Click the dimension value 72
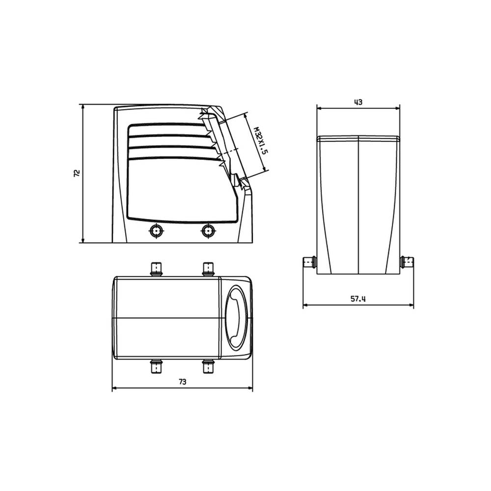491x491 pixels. (77, 173)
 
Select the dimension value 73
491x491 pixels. (182, 382)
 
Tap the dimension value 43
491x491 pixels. (358, 102)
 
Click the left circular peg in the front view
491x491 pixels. (157, 230)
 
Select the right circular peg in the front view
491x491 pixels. (209, 230)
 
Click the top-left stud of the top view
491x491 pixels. (157, 269)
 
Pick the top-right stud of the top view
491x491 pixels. (209, 269)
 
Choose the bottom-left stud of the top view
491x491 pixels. (157, 366)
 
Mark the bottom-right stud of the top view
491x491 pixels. (209, 366)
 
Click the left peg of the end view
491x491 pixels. (309, 261)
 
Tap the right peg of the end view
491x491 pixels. (407, 261)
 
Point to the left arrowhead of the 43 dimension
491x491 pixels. (319, 109)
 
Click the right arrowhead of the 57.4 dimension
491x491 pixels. (410, 305)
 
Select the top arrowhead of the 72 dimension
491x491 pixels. (82, 107)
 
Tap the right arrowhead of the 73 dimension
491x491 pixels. (249, 388)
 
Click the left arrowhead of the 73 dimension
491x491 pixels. (115, 388)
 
